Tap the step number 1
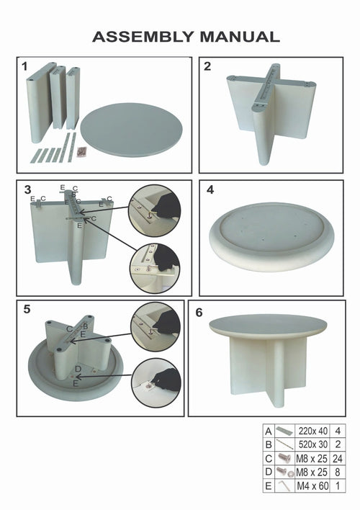[24, 67]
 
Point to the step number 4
[210, 191]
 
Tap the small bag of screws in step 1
[84, 151]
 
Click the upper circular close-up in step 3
[154, 207]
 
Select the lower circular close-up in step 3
[154, 267]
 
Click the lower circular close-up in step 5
[156, 381]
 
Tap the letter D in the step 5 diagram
[78, 369]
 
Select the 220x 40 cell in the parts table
[306, 429]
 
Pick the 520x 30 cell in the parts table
[306, 442]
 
